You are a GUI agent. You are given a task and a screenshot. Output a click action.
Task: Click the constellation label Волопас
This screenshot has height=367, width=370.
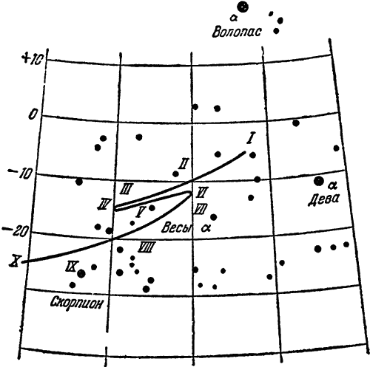[236, 32]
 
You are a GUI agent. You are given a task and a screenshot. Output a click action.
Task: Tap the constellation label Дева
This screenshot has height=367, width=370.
[323, 199]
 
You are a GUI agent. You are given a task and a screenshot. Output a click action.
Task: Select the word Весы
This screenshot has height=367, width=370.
[177, 227]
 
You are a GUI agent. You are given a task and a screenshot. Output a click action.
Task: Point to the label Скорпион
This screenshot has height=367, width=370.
[76, 303]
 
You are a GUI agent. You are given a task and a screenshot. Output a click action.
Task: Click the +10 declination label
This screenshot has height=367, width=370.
[33, 59]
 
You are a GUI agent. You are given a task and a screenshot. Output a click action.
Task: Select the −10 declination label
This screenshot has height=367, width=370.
[20, 174]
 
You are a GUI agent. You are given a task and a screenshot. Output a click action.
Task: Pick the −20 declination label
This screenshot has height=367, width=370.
[15, 231]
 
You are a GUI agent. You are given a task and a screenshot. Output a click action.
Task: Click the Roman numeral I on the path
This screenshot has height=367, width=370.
[250, 138]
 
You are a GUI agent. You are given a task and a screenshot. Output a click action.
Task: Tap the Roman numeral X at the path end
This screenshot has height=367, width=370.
[15, 261]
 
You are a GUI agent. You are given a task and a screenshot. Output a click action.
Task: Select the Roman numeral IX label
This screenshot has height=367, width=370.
[72, 266]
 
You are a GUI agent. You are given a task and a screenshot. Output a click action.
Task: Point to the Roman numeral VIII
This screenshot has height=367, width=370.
[147, 247]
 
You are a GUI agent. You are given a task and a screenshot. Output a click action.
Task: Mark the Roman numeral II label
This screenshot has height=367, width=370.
[184, 164]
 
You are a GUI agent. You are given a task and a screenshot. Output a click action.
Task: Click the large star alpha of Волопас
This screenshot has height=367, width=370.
[243, 7]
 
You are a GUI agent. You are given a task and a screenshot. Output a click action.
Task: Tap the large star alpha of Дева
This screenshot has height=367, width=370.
[319, 182]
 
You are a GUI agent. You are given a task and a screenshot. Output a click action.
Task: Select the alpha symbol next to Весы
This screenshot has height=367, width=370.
[206, 228]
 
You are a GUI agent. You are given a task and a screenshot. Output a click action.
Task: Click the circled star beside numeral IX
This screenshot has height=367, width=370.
[81, 273]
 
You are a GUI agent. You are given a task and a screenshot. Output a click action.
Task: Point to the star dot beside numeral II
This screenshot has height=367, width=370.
[175, 174]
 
